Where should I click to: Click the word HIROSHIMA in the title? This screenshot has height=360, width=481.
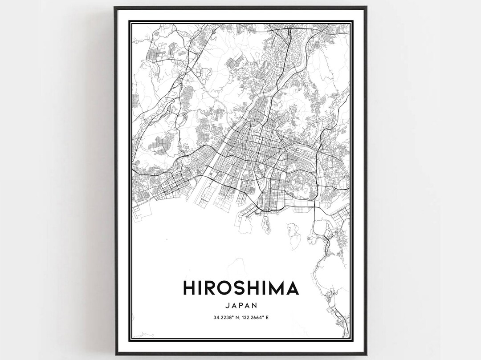tap(240, 288)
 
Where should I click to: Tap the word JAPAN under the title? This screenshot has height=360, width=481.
tap(240, 306)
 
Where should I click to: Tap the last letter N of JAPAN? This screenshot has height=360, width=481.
tap(255, 306)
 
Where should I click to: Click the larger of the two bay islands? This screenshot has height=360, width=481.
tap(294, 236)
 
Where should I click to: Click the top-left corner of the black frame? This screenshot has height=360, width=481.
tap(115, 8)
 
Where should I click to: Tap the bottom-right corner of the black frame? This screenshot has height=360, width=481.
tap(366, 354)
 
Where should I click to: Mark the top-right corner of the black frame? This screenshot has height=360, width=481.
tap(366, 8)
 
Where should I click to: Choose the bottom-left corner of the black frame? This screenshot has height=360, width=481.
tap(115, 354)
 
